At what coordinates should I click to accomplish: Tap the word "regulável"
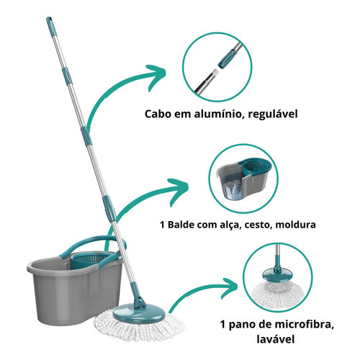pos(273,114)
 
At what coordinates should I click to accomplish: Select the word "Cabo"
pos(156,114)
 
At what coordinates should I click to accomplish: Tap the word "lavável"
pos(275,339)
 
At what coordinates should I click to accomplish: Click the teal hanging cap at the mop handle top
pos(51,25)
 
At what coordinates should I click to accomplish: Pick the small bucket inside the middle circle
pos(243,179)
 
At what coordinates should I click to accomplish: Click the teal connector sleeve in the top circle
pos(227,59)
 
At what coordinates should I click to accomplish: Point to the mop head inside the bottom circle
pos(277,287)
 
